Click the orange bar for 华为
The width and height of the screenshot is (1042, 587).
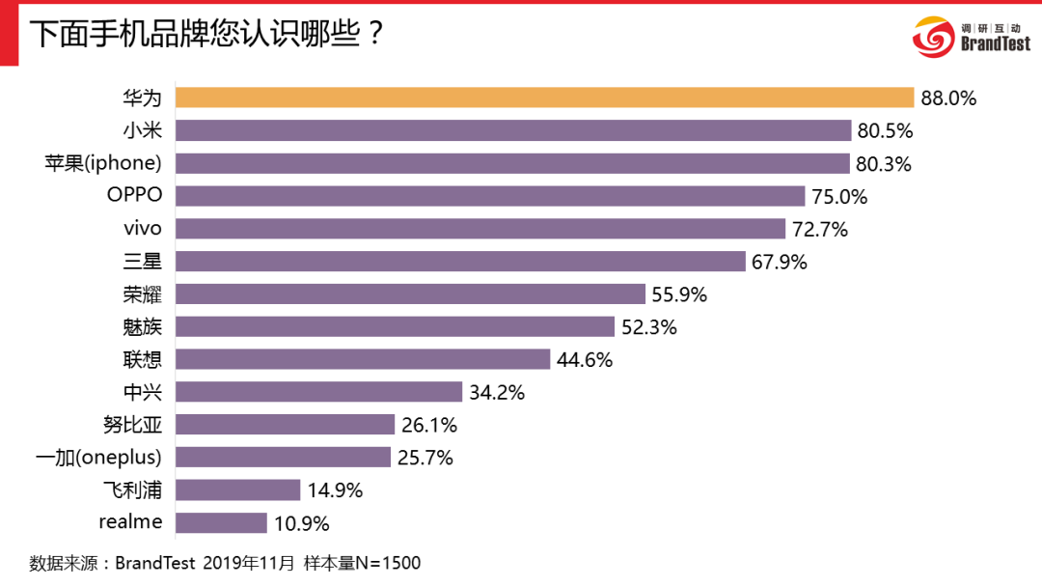pos(545,98)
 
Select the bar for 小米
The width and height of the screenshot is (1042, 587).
pos(514,130)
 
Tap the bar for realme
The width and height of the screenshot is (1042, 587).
pos(222,523)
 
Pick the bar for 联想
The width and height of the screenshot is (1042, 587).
pos(364,359)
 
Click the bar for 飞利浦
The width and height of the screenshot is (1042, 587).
pos(238,490)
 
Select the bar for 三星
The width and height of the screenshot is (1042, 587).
pos(461,261)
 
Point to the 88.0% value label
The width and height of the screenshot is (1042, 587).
pos(948,98)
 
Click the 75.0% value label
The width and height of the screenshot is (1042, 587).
pos(839,197)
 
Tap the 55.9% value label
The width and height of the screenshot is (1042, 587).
pos(679,294)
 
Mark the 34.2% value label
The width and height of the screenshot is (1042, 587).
pos(496,392)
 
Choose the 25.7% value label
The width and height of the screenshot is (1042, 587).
pos(425,458)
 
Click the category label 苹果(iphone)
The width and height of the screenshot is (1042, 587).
pos(101,163)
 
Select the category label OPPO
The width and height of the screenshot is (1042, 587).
pos(134,196)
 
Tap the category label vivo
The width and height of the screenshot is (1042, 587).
pos(142,229)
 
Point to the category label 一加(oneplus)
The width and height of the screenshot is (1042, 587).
pos(97,457)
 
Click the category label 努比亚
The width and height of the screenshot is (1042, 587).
pos(135,425)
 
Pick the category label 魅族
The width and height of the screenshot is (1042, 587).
pos(143,326)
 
